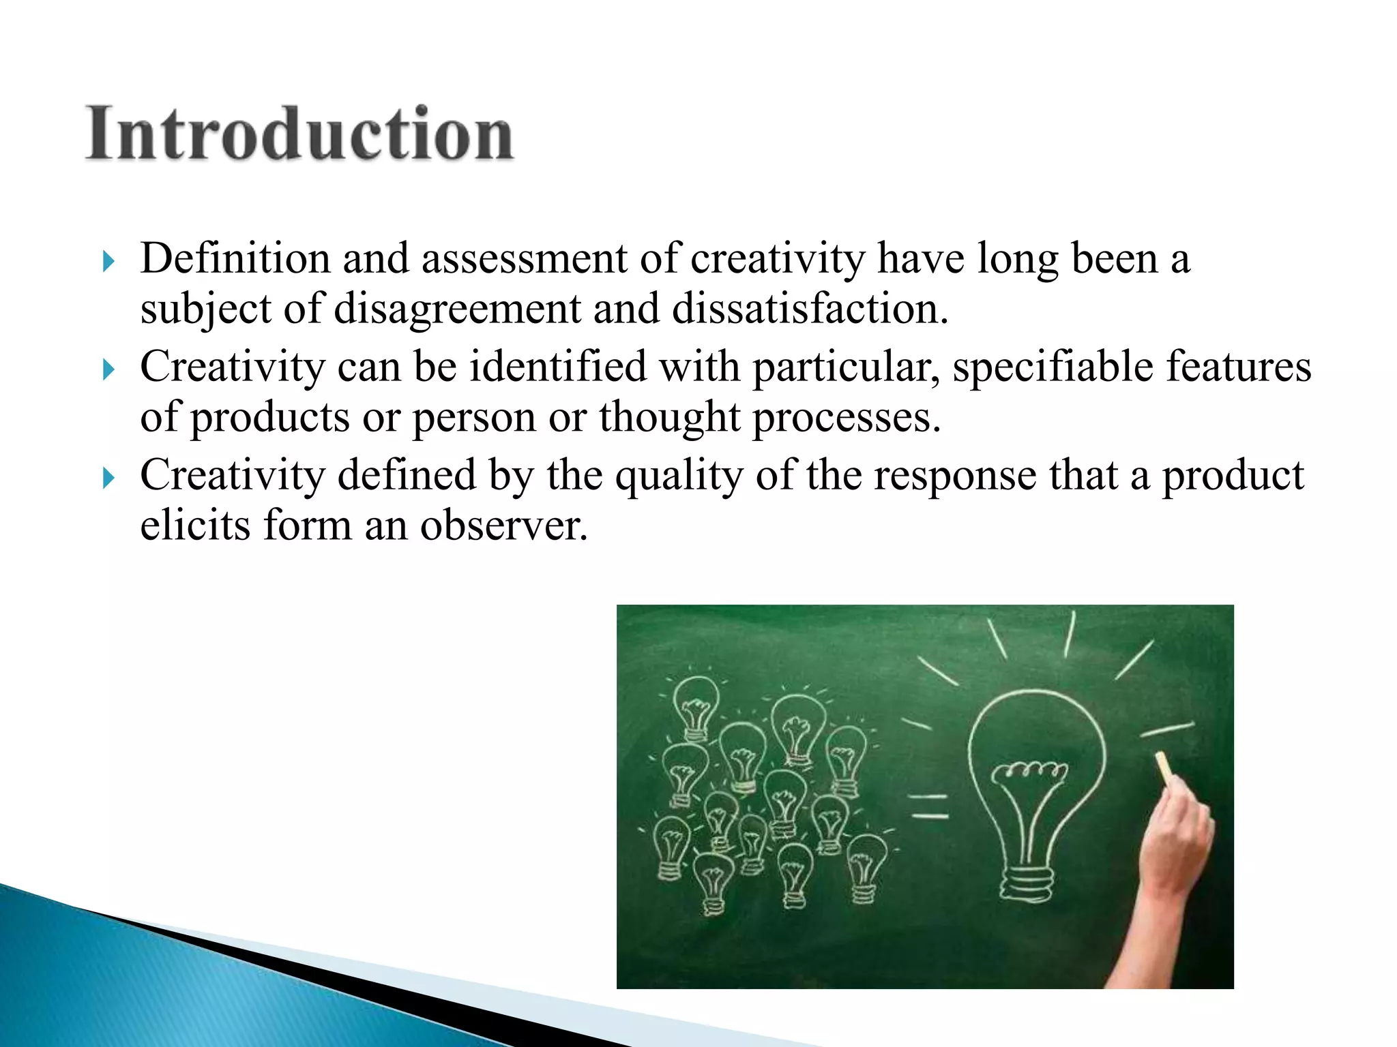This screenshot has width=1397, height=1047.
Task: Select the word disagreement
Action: (457, 309)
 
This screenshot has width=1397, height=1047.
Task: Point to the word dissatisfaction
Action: (810, 309)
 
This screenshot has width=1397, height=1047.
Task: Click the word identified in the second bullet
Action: (558, 367)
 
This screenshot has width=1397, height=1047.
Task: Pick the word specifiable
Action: (1053, 367)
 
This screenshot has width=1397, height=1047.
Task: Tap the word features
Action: (1238, 367)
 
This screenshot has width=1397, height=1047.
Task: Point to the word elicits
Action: (195, 526)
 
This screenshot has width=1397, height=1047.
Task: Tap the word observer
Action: (503, 526)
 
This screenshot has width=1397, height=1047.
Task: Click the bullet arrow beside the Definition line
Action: (108, 260)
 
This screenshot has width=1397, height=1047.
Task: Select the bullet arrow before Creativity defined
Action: (108, 478)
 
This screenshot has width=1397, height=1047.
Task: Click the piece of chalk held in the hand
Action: (1164, 768)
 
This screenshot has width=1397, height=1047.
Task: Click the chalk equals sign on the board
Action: (930, 806)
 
